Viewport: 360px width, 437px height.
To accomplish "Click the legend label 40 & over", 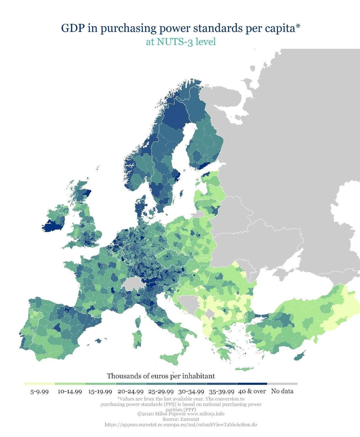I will point(252,391).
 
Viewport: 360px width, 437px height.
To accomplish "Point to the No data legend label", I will point(282,391).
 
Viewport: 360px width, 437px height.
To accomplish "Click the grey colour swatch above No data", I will point(282,384).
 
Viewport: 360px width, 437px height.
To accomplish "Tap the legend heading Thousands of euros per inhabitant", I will point(161,376).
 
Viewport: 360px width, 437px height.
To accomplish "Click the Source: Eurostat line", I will point(181,419).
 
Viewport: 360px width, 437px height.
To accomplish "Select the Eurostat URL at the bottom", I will point(181,425).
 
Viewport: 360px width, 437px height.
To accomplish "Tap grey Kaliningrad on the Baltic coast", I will point(199,214).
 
